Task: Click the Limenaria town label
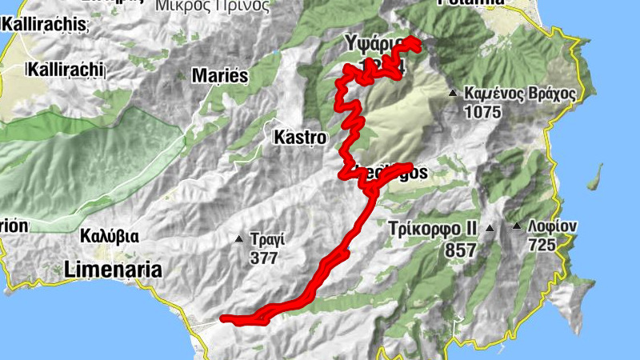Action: tap(113, 269)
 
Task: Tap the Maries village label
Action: tap(221, 76)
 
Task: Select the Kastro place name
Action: tap(300, 138)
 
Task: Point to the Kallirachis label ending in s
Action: tap(45, 25)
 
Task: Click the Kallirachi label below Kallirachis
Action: tap(67, 70)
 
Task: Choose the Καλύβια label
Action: tap(110, 237)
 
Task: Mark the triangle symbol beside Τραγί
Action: tap(238, 239)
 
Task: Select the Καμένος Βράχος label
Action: tap(519, 94)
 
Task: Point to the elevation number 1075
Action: tap(482, 112)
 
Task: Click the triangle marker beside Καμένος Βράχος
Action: tap(453, 94)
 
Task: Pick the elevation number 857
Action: tap(460, 250)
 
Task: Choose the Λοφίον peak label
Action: tap(553, 226)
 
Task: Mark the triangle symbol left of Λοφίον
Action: tap(518, 226)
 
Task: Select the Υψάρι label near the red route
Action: tap(370, 42)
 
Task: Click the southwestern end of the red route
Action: tap(223, 319)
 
